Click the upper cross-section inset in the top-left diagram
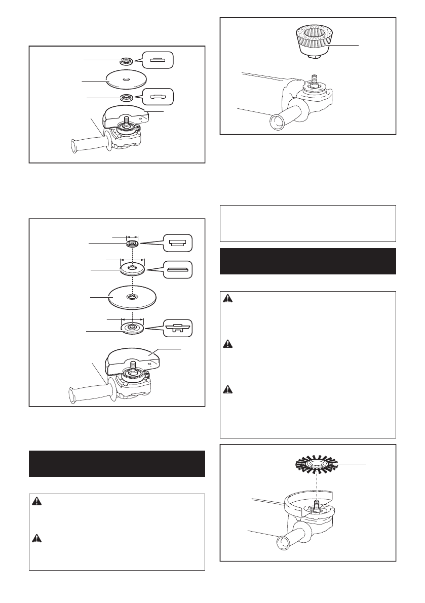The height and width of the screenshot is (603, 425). tap(157, 60)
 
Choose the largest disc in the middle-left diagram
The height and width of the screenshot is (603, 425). tap(131, 296)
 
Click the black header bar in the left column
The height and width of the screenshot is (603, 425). tap(117, 463)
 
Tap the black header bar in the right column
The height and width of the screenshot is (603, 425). tap(308, 261)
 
